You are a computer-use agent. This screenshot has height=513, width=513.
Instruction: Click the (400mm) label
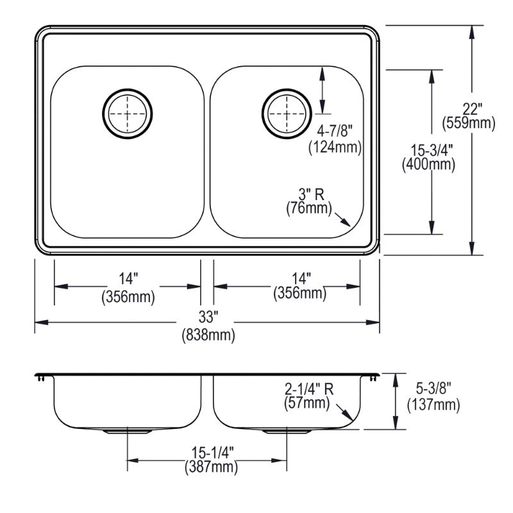click(428, 164)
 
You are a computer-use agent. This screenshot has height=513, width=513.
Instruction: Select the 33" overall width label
click(208, 318)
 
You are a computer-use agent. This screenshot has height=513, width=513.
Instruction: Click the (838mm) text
click(208, 334)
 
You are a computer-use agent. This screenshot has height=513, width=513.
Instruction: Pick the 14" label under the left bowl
click(128, 280)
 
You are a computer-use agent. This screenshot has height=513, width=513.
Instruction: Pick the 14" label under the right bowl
click(299, 279)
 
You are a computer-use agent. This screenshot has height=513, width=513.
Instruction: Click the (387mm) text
click(210, 468)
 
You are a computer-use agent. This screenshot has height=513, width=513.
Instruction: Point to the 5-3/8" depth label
click(433, 389)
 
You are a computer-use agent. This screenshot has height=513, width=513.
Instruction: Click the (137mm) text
click(433, 404)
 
